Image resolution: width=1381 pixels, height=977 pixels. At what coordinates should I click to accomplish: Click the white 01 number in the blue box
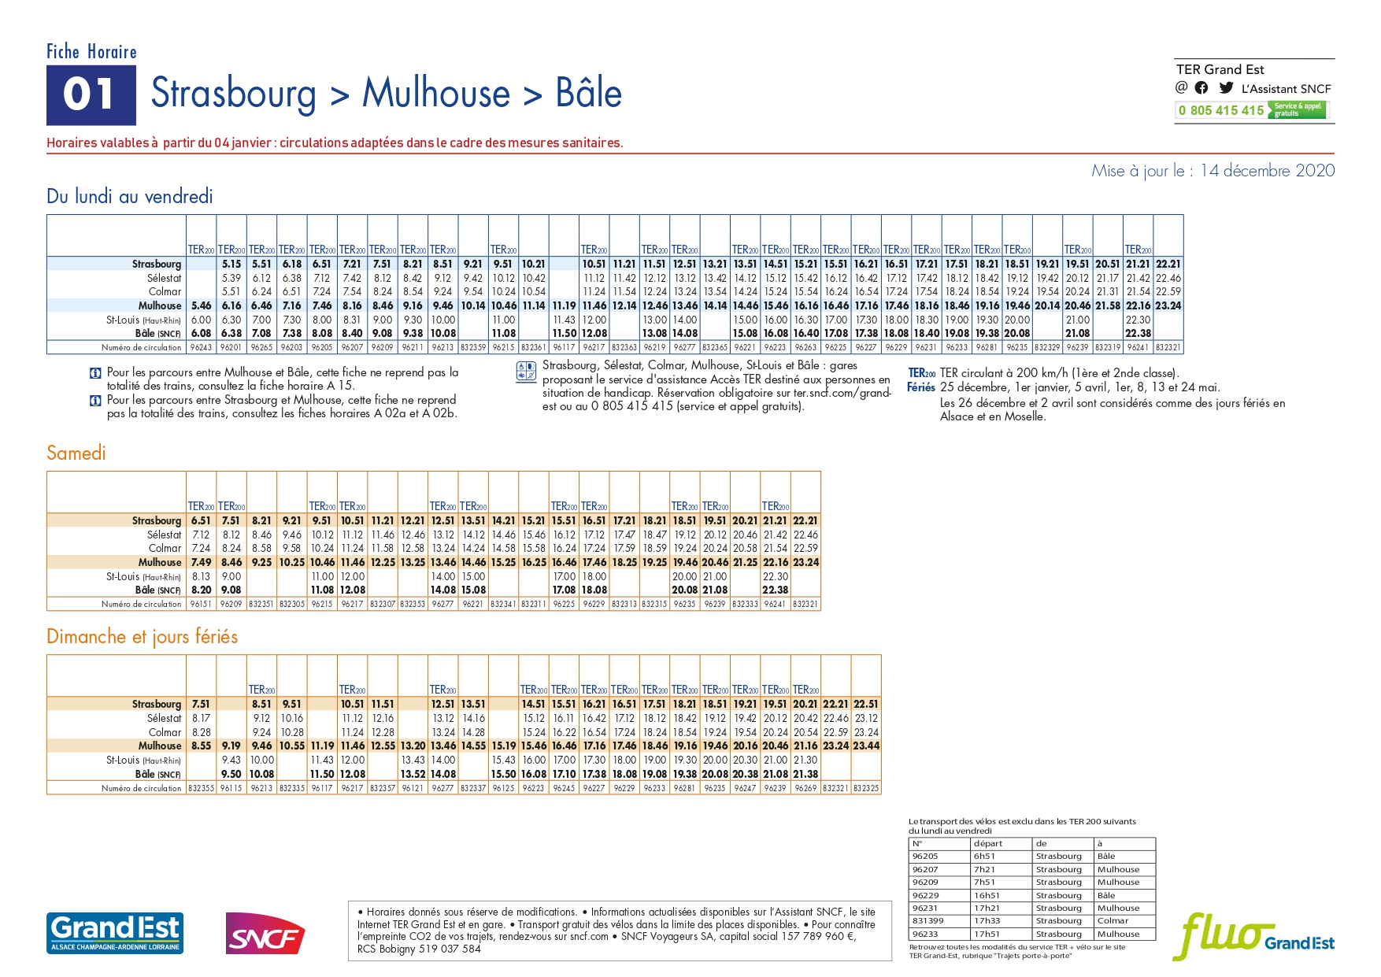(90, 94)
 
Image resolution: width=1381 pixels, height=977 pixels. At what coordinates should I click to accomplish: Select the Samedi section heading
(76, 453)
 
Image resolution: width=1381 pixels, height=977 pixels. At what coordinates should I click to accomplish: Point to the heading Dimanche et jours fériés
(142, 636)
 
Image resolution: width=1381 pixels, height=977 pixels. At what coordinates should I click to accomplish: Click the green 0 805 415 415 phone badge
(1251, 110)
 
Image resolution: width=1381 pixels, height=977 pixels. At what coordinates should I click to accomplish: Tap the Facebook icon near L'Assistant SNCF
(1201, 88)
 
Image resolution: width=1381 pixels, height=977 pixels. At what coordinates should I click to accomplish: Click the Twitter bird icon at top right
(1226, 88)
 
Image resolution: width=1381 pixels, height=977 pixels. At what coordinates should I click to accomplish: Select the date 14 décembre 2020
(1268, 171)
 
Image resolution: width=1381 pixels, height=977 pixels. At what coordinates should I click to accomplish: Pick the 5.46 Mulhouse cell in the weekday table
(202, 305)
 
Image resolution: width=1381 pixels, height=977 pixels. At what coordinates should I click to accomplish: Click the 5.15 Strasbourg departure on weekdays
(231, 264)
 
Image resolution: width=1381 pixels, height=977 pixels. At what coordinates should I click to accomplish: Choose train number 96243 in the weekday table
(202, 347)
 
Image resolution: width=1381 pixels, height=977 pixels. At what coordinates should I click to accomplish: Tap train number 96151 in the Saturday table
(202, 604)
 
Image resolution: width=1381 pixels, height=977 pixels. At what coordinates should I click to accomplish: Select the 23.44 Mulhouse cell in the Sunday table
(866, 746)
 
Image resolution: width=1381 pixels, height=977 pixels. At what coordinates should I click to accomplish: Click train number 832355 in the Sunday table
(202, 787)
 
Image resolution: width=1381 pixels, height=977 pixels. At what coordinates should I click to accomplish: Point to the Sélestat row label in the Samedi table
(164, 535)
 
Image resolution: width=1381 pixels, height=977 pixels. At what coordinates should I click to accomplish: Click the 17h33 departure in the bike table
(987, 920)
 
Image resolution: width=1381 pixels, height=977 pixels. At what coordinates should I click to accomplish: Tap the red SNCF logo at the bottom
(265, 934)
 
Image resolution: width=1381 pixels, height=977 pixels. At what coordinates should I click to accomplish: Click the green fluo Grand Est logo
(1253, 936)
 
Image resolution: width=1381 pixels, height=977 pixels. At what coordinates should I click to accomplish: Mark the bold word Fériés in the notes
(921, 387)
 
